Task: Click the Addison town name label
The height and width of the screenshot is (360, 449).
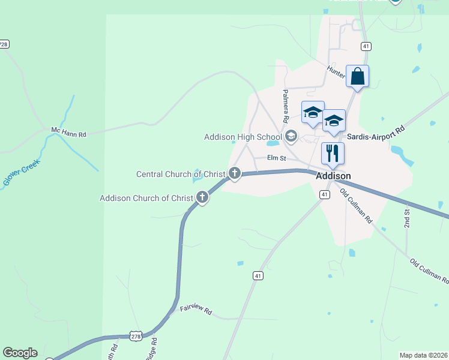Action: point(333,176)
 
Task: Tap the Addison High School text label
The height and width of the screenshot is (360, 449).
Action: point(243,137)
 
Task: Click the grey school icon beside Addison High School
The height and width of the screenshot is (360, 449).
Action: point(291,137)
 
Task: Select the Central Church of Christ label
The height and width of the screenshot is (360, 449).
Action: point(181,175)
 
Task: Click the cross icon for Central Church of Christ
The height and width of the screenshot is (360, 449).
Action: point(234,175)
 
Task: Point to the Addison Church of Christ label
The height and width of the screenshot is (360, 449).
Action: point(146,198)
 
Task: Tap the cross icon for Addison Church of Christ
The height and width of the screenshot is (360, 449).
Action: point(202,197)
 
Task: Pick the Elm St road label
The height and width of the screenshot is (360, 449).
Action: point(277,158)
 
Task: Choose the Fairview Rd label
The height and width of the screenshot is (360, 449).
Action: point(196,311)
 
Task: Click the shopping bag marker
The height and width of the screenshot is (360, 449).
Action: point(357,77)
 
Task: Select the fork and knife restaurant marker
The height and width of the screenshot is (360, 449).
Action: point(332,154)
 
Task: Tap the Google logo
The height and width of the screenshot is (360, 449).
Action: point(20,353)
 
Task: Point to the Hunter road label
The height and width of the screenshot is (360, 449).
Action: point(336,71)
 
